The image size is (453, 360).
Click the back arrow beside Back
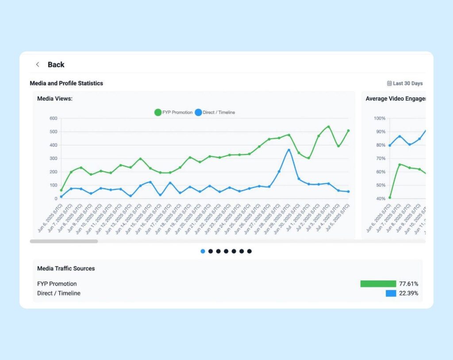tap(38, 65)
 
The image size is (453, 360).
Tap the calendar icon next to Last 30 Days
tap(389, 83)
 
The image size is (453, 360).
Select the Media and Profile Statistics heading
tap(66, 83)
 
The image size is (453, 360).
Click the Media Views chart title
tap(55, 99)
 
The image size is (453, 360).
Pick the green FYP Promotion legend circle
tap(158, 112)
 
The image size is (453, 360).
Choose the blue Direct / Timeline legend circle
tap(198, 112)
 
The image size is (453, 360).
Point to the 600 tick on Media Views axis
tap(54, 118)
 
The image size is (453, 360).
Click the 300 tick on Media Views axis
tap(54, 158)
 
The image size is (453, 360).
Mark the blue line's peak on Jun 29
tap(289, 150)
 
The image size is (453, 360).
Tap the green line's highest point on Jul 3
tap(328, 126)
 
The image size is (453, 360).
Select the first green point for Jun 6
tap(61, 190)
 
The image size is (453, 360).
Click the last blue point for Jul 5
tap(348, 191)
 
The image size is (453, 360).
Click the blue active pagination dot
tap(203, 251)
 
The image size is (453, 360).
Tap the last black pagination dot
tap(250, 251)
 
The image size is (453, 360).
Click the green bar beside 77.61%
tap(378, 284)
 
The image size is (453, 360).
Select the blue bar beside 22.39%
tap(391, 293)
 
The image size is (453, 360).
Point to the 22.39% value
tap(408, 293)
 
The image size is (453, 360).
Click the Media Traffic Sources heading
tap(66, 268)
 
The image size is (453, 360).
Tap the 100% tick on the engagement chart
tap(380, 118)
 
